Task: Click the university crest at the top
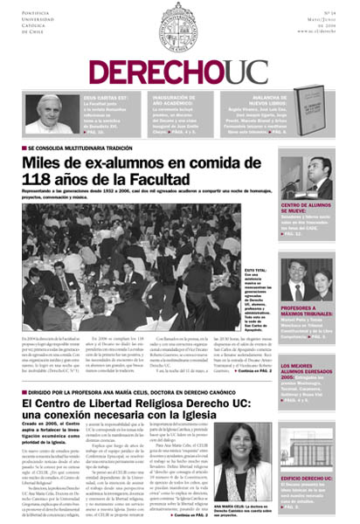[180, 24]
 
